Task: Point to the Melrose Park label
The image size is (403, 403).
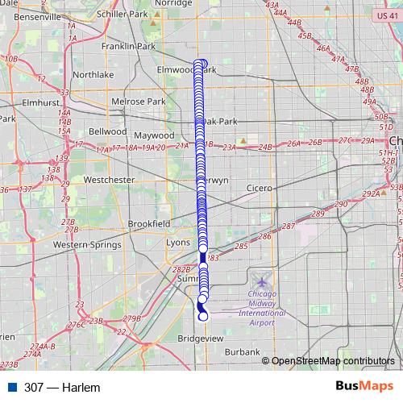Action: (x=139, y=102)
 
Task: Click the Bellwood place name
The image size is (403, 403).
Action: (x=107, y=131)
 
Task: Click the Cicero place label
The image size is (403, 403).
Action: (x=260, y=188)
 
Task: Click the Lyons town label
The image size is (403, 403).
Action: (x=177, y=243)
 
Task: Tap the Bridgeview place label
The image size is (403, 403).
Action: (x=200, y=339)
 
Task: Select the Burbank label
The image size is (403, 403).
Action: (x=243, y=352)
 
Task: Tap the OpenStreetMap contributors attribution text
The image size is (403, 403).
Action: (x=333, y=361)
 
